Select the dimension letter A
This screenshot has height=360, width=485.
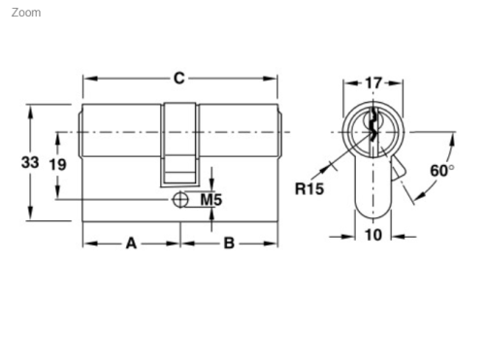[x=131, y=243]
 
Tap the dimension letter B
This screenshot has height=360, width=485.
[x=229, y=243]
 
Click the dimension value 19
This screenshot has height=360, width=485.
[x=57, y=164]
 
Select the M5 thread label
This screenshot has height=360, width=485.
[x=211, y=200]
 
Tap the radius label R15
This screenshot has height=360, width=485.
[x=309, y=188]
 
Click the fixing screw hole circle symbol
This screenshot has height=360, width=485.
[x=179, y=199]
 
